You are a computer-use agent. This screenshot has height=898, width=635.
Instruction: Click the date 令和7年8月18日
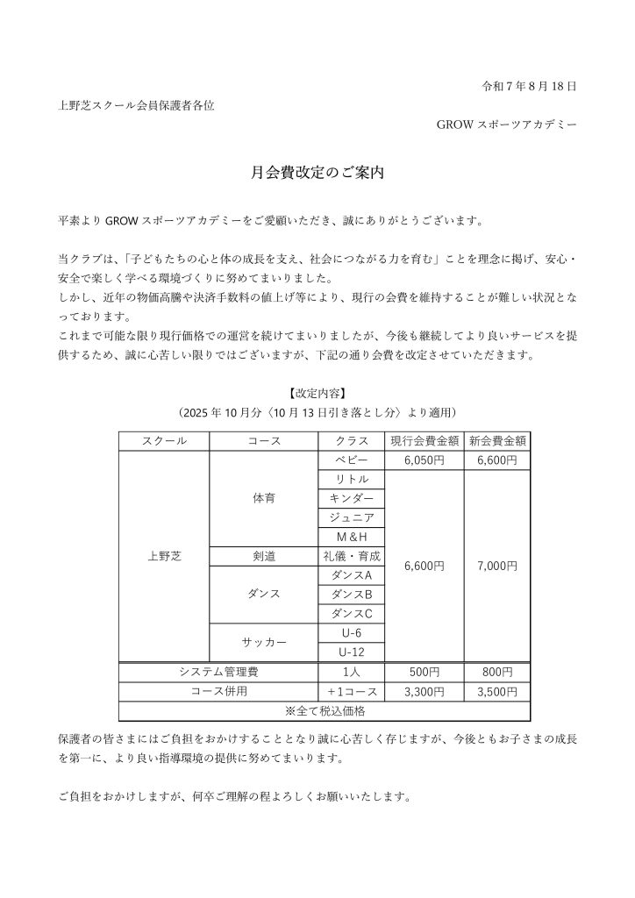pyautogui.click(x=530, y=86)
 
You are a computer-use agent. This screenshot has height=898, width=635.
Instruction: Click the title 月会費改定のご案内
pyautogui.click(x=317, y=174)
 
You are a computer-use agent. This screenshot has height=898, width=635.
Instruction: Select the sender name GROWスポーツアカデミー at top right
pyautogui.click(x=506, y=125)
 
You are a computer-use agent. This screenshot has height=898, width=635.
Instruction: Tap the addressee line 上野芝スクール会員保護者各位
pyautogui.click(x=136, y=105)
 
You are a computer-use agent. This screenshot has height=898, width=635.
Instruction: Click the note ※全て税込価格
pyautogui.click(x=325, y=710)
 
